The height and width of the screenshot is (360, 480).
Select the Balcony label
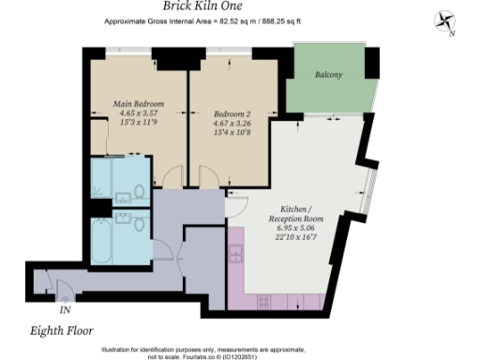click(x=327, y=74)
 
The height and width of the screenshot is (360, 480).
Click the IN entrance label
click(x=66, y=308)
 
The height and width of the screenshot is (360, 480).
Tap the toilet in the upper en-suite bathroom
click(x=139, y=192)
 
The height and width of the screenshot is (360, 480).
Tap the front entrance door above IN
click(x=63, y=289)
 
